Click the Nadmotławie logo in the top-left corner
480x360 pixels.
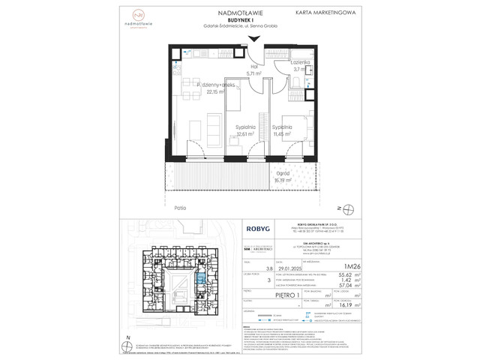click(x=136, y=16)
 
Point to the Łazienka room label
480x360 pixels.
click(x=301, y=64)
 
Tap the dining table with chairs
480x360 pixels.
click(x=190, y=129)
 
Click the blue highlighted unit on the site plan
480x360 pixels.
click(x=181, y=283)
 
